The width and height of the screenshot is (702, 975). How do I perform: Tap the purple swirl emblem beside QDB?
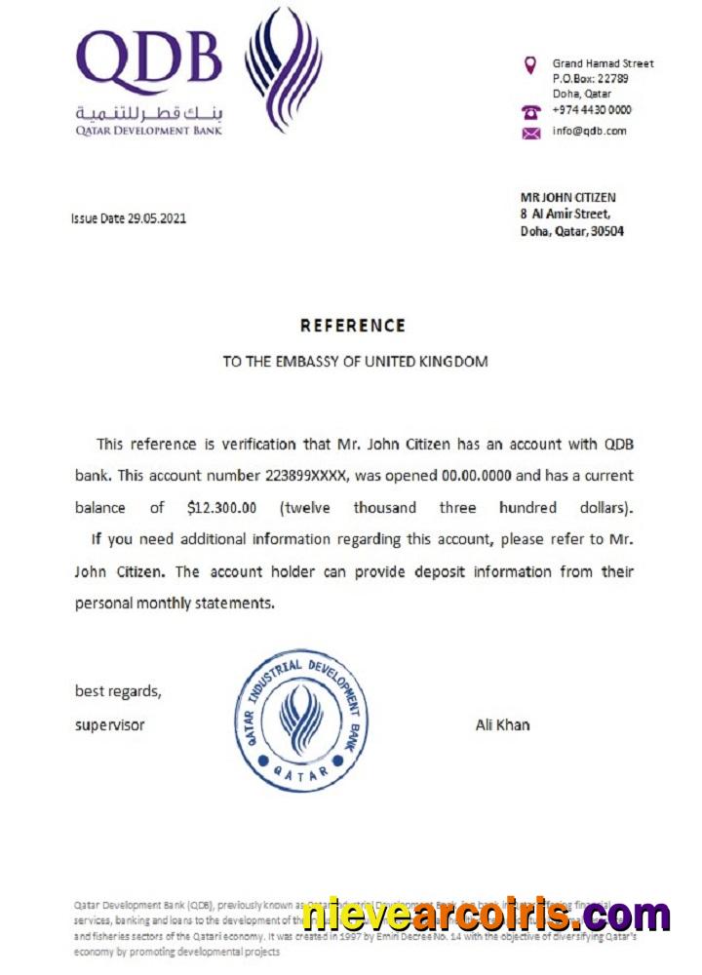pyautogui.click(x=282, y=67)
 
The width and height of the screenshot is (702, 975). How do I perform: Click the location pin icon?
pyautogui.click(x=530, y=65)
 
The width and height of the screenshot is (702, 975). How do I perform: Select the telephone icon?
pyautogui.click(x=531, y=111)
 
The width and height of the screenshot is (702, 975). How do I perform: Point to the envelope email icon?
pyautogui.click(x=531, y=133)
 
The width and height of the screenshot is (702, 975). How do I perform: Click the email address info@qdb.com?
pyautogui.click(x=589, y=131)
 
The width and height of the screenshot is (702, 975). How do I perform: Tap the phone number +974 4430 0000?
pyautogui.click(x=592, y=110)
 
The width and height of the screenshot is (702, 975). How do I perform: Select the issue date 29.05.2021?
pyautogui.click(x=156, y=218)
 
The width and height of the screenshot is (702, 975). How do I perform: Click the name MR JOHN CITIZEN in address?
pyautogui.click(x=567, y=197)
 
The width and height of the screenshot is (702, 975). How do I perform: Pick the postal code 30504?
pyautogui.click(x=605, y=231)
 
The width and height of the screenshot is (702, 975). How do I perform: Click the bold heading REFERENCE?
pyautogui.click(x=352, y=326)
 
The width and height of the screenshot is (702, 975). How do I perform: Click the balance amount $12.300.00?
pyautogui.click(x=221, y=508)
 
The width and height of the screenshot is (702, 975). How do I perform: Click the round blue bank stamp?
pyautogui.click(x=301, y=721)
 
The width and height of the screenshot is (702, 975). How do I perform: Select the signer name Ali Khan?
pyautogui.click(x=502, y=724)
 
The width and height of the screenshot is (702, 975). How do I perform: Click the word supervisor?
pyautogui.click(x=110, y=724)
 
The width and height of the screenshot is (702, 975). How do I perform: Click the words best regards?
pyautogui.click(x=118, y=691)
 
